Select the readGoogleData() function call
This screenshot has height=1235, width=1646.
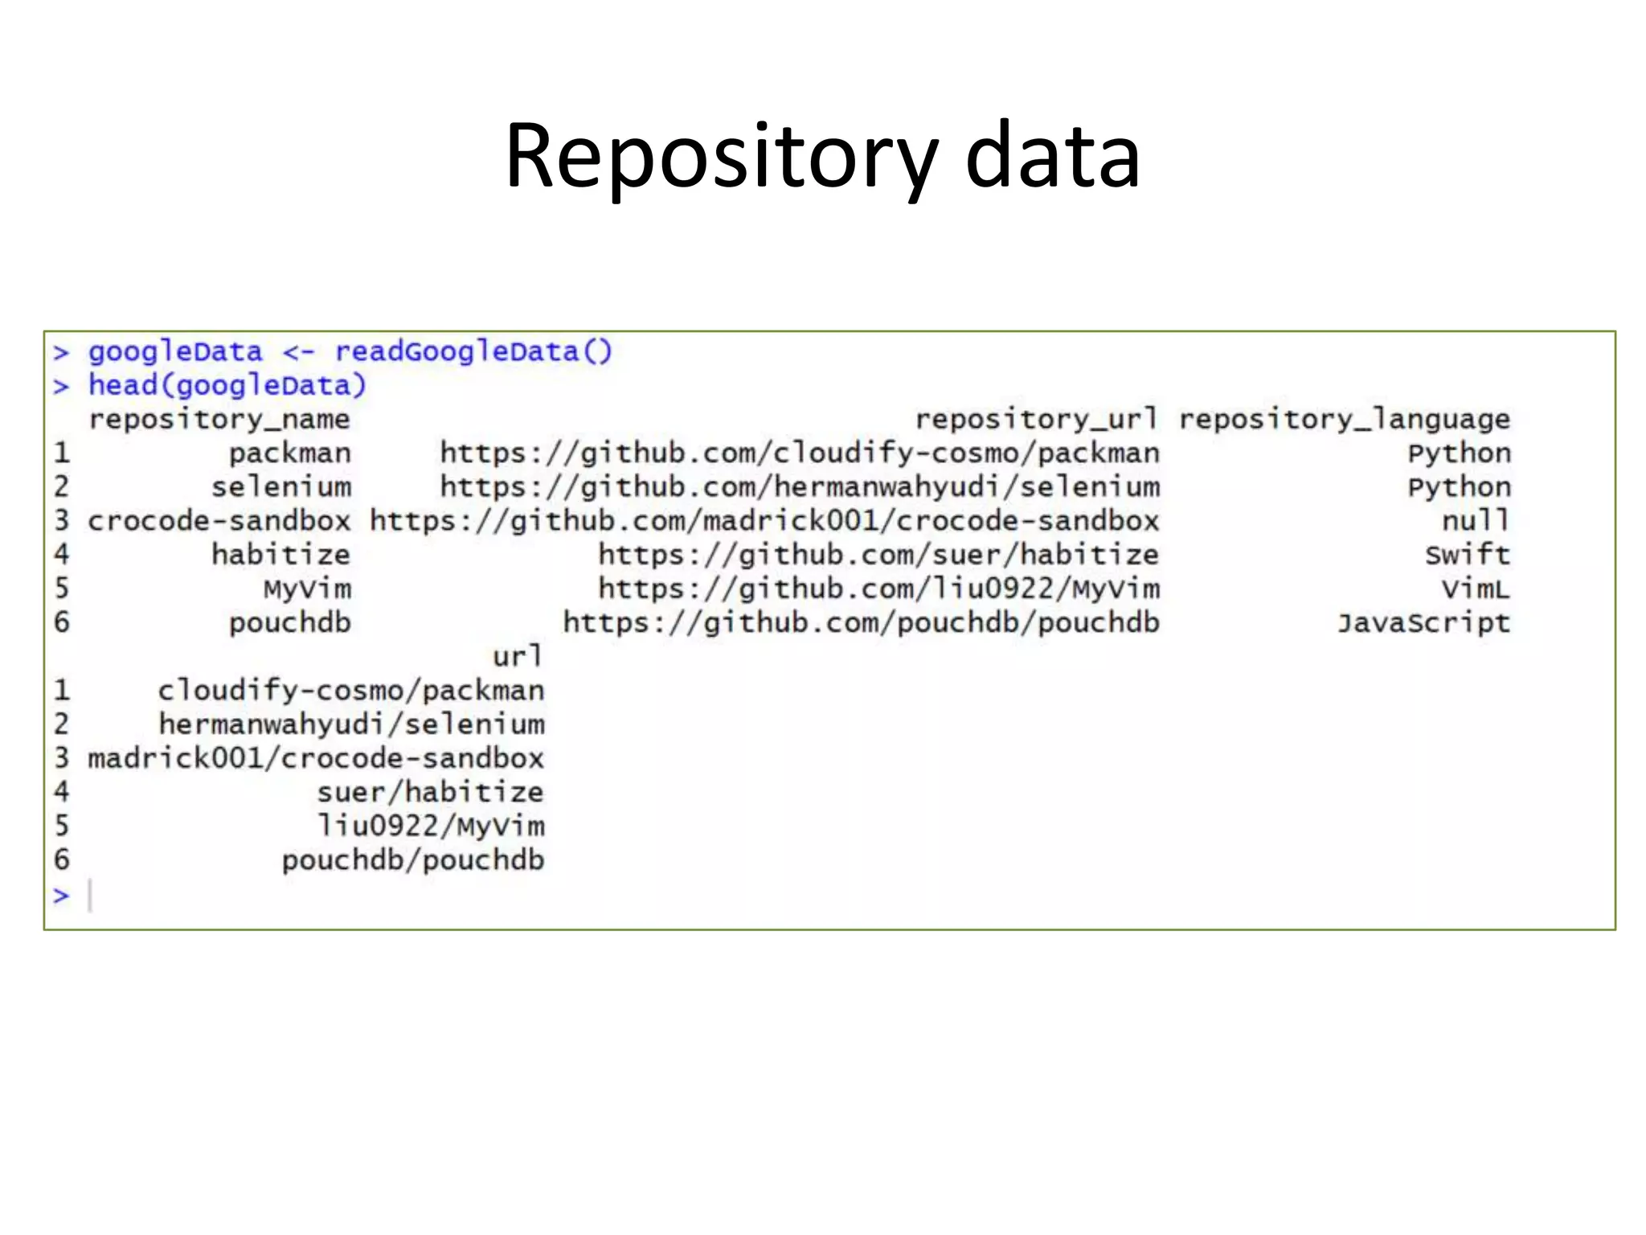(x=473, y=351)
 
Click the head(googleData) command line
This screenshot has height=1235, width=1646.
(x=227, y=385)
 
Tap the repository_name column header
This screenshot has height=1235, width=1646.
(x=219, y=419)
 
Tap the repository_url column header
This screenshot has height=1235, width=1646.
(x=1037, y=419)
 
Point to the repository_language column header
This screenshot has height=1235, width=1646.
(x=1345, y=419)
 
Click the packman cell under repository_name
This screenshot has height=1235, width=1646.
(x=290, y=453)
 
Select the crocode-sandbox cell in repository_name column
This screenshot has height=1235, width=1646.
(x=219, y=521)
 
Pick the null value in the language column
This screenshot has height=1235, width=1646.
(x=1476, y=521)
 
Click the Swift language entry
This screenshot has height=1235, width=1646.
(x=1468, y=555)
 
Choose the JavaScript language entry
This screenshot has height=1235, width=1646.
(x=1423, y=623)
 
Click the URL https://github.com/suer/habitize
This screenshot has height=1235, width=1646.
(x=878, y=555)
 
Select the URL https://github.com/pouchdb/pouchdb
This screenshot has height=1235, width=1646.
(x=861, y=623)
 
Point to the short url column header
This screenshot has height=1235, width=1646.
(x=518, y=657)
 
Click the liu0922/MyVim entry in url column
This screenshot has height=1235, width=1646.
(x=431, y=826)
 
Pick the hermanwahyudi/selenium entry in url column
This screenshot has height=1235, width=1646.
(x=351, y=724)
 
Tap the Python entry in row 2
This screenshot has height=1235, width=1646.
(x=1459, y=487)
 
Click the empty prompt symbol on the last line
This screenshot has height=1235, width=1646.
(x=61, y=895)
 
